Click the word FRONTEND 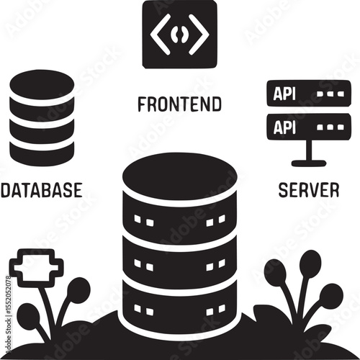[x=179, y=104]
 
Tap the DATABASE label [x=42, y=190]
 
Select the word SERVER [x=309, y=189]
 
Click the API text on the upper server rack [x=284, y=94]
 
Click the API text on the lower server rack [x=284, y=127]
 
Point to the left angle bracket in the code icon [x=160, y=34]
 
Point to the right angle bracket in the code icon [x=199, y=34]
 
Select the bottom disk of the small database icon [x=42, y=151]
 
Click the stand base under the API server [x=309, y=163]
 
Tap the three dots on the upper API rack [x=330, y=94]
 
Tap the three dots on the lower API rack [x=330, y=127]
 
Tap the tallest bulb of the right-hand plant [x=310, y=262]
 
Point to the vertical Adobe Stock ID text [x=8, y=315]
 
